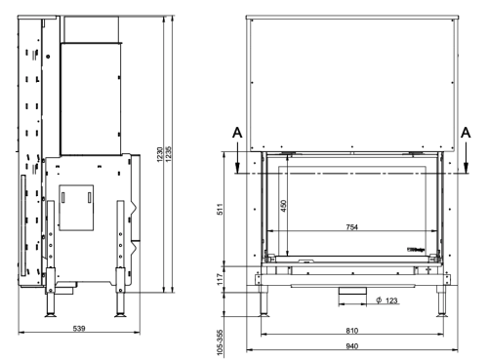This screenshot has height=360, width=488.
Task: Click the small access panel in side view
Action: coord(75,201)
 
